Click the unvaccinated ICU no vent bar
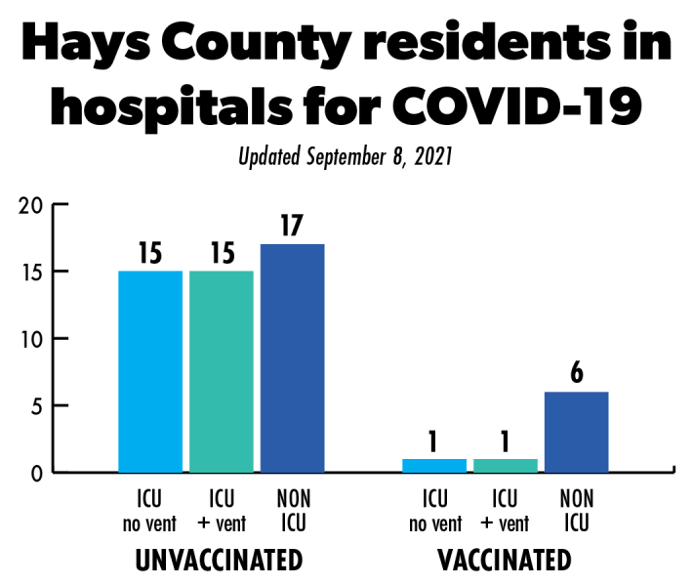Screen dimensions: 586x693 (x=150, y=371)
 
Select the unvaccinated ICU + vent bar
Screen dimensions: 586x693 (x=222, y=371)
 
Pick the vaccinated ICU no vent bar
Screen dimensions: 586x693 (x=434, y=466)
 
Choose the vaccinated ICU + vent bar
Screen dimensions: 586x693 (x=506, y=466)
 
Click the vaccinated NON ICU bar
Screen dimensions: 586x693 (x=576, y=432)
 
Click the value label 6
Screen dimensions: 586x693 (x=577, y=374)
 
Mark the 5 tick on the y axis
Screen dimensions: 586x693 (x=35, y=405)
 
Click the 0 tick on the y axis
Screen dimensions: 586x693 (x=35, y=473)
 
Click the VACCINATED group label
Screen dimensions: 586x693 (x=505, y=561)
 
